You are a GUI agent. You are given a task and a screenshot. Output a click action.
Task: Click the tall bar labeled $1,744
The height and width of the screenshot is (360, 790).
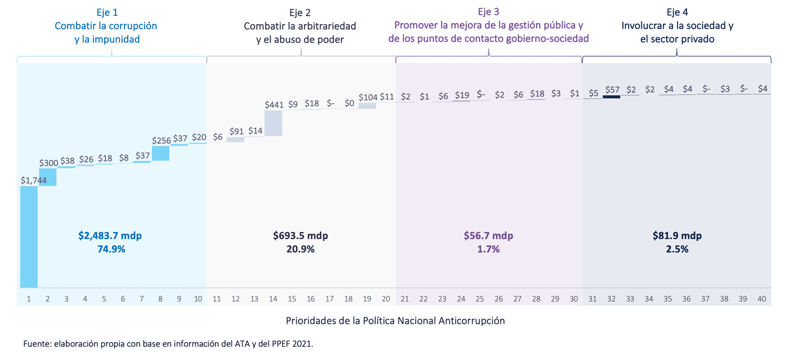click(x=29, y=237)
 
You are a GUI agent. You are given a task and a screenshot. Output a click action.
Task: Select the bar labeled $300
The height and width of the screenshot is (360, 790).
click(x=48, y=177)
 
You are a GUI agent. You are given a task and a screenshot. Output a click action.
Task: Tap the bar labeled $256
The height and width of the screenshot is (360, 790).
click(x=160, y=153)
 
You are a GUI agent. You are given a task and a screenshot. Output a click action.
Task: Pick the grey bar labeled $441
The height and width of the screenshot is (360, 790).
click(x=273, y=123)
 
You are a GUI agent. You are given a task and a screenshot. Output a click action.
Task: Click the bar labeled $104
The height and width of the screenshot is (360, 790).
click(x=367, y=106)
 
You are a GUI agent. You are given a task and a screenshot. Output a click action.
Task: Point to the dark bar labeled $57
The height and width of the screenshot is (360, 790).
click(x=611, y=97)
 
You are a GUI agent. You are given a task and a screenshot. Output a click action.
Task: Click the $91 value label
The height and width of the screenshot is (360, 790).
click(x=237, y=131)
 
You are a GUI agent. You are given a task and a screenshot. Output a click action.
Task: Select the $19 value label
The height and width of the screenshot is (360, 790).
click(x=462, y=95)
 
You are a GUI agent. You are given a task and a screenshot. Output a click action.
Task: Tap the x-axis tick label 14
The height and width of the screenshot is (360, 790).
click(x=273, y=299)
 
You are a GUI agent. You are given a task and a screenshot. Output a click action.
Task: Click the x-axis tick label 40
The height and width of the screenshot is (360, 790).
click(x=762, y=299)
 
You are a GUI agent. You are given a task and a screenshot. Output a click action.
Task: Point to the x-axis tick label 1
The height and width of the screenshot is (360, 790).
click(x=29, y=299)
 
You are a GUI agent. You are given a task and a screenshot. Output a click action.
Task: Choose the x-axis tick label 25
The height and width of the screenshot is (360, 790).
click(x=480, y=299)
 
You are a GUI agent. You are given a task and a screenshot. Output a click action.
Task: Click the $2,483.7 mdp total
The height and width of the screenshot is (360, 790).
click(x=110, y=236)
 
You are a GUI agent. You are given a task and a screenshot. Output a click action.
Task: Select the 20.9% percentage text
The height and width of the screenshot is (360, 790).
click(x=300, y=249)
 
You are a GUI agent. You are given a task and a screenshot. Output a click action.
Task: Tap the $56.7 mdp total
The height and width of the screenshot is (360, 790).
click(x=488, y=236)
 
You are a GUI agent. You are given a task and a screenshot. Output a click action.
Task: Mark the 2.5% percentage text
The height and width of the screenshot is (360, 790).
click(x=677, y=249)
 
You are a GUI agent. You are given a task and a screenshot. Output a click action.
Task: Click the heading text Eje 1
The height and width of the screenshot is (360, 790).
click(x=107, y=12)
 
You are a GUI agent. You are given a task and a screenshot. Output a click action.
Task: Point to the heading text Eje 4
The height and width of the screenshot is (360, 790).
click(x=677, y=12)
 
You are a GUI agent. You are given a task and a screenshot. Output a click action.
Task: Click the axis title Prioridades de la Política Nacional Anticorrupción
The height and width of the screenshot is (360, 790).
click(x=395, y=320)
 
